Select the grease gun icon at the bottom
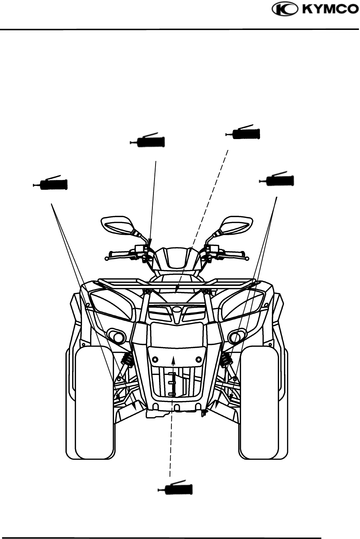click(176, 489)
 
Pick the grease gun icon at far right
click(277, 180)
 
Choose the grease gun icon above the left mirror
click(148, 141)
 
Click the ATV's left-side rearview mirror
click(118, 224)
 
